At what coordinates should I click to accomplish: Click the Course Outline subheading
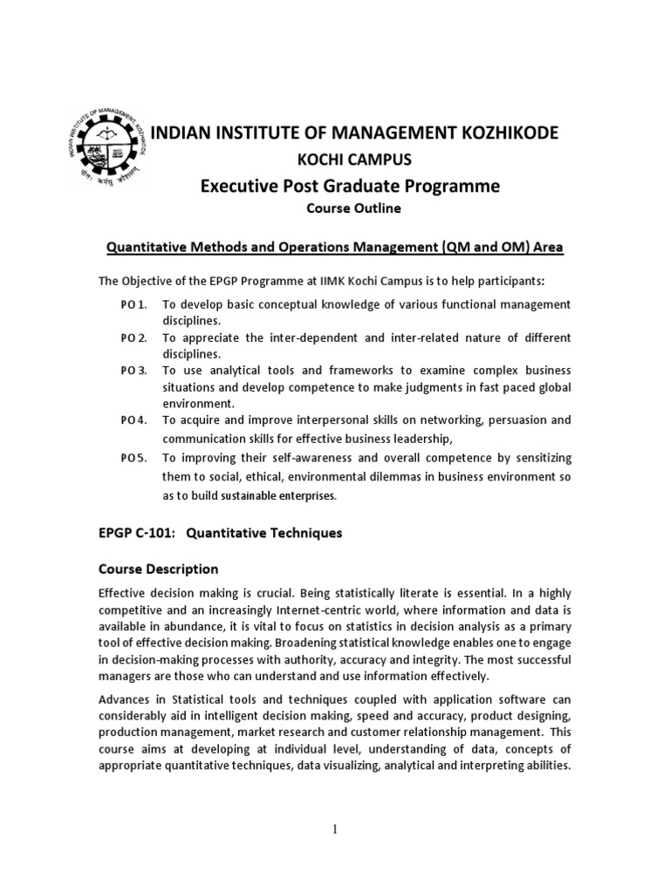[335, 209]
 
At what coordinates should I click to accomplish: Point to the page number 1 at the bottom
[335, 829]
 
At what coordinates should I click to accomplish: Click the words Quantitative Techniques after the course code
[268, 532]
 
